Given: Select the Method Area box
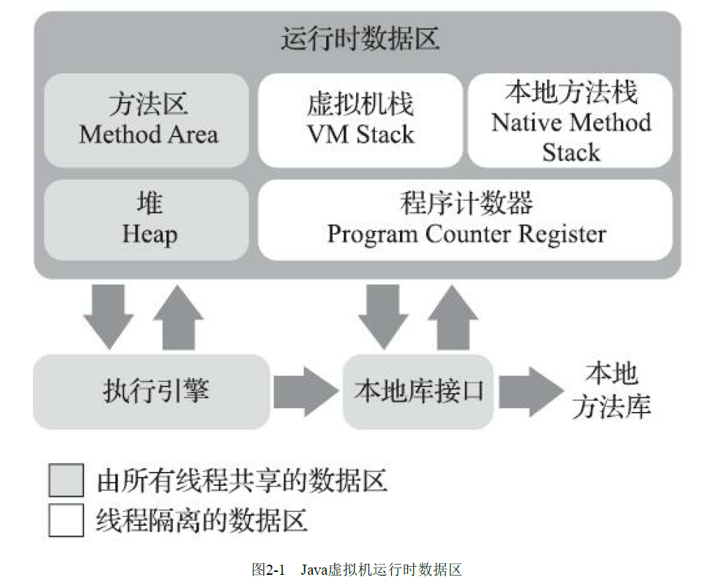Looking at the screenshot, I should click(x=148, y=120).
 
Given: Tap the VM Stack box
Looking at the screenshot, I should click(x=360, y=120).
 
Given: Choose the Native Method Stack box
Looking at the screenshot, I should click(x=571, y=121).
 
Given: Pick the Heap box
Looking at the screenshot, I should click(x=148, y=219).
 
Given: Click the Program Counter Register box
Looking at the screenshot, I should click(x=466, y=219).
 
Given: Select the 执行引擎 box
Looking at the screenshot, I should click(x=151, y=392).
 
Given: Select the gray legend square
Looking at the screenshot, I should click(x=66, y=481).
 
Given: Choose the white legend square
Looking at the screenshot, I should click(x=66, y=520).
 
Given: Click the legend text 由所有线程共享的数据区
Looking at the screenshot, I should click(x=242, y=481).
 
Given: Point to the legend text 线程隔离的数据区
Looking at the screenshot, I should click(x=201, y=520).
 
